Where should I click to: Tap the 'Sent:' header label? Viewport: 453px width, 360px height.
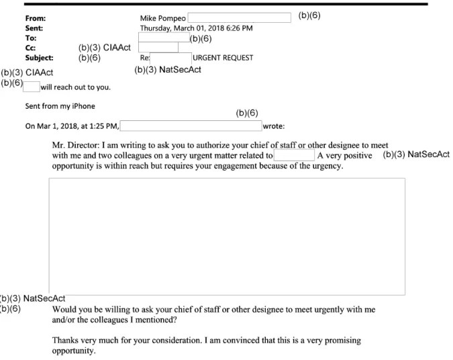click(x=34, y=28)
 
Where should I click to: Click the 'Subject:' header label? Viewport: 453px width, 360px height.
click(x=39, y=58)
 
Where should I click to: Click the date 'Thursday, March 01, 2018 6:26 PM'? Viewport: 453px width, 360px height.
click(x=196, y=28)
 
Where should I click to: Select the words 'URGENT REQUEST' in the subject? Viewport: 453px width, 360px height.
click(x=223, y=58)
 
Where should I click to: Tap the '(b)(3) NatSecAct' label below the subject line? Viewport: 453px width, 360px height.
click(x=168, y=70)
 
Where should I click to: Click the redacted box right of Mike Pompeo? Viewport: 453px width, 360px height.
click(x=239, y=17)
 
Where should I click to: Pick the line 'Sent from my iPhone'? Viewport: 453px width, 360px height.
click(x=60, y=106)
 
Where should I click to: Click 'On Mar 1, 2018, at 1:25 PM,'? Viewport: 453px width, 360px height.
click(x=72, y=126)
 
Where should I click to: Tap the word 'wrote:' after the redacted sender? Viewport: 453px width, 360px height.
click(x=274, y=126)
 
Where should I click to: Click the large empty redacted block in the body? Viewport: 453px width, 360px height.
click(x=227, y=236)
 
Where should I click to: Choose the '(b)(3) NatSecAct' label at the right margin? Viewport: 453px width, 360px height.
click(x=416, y=154)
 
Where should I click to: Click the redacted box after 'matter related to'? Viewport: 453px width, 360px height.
click(x=294, y=156)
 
